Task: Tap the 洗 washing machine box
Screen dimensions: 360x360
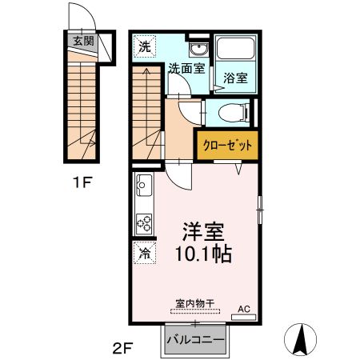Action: tap(144, 46)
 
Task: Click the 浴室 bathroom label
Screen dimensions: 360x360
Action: tap(235, 79)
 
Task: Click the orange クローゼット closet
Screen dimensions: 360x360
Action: tap(226, 146)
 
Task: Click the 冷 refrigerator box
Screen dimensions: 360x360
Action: tap(143, 254)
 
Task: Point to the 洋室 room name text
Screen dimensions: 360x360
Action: tap(200, 232)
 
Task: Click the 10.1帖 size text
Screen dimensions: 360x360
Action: tap(200, 256)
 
